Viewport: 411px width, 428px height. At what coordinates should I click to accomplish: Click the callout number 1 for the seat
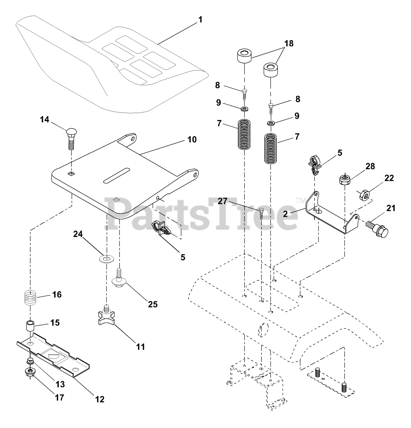(x=200, y=20)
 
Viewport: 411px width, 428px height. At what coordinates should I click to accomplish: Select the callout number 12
(x=100, y=399)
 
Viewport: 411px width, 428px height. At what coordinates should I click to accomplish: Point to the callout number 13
(x=60, y=384)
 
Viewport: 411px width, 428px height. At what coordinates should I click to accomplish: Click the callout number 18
(x=289, y=43)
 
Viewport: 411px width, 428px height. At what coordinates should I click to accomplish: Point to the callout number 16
(x=57, y=295)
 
